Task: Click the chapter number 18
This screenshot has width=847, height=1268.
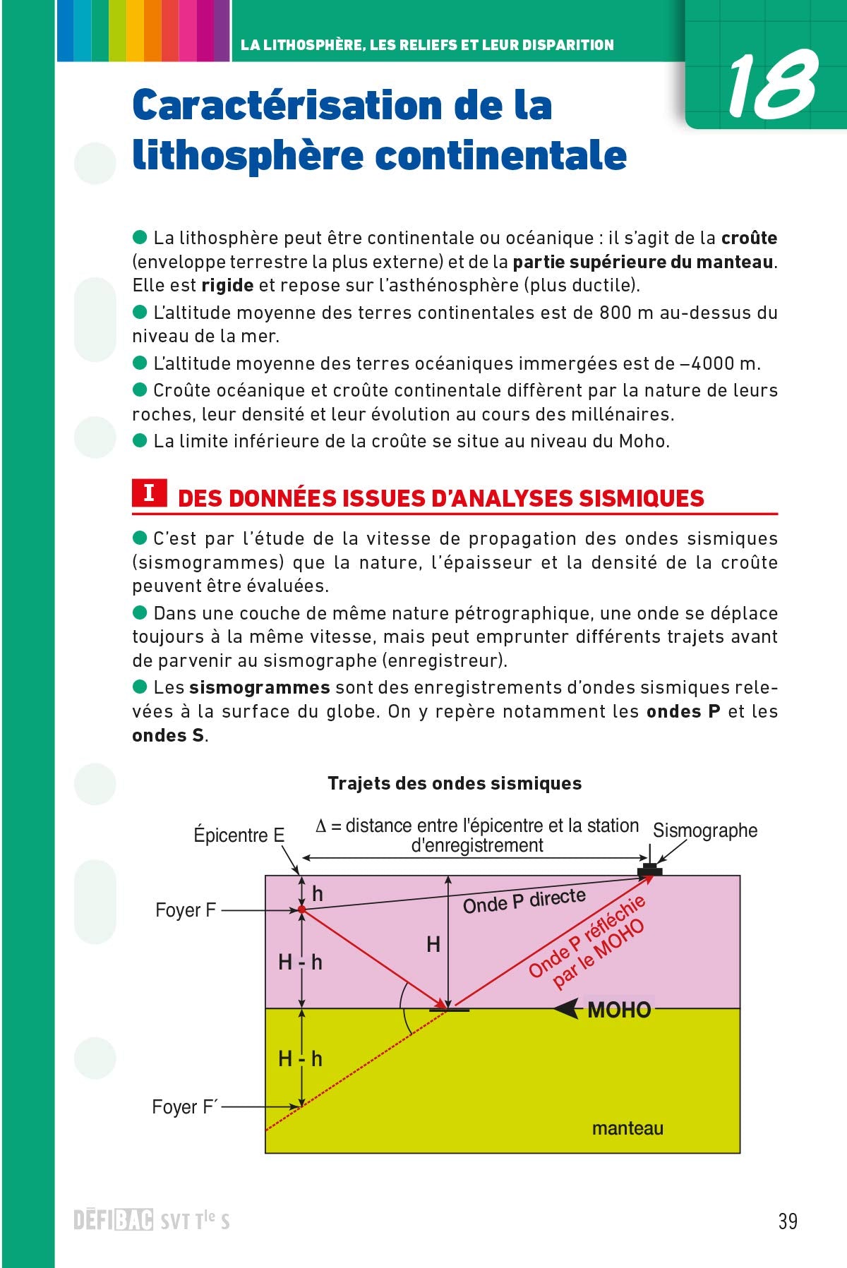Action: point(771,86)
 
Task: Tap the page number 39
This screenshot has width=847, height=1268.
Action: point(788,1221)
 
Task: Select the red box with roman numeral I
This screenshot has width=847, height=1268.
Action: point(149,493)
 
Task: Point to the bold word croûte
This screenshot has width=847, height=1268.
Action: point(749,238)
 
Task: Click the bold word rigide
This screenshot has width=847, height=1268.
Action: point(227,285)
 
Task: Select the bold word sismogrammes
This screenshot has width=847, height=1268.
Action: point(259,687)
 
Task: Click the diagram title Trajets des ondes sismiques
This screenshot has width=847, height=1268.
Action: point(455,783)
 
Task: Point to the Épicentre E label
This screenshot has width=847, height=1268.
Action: point(239,835)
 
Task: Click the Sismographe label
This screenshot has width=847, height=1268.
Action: point(704,831)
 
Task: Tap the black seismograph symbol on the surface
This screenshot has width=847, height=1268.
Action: point(649,871)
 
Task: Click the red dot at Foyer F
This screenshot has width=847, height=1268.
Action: point(301,910)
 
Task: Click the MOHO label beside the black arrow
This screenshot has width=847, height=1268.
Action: point(618,1010)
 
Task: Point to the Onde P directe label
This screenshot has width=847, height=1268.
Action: point(524,901)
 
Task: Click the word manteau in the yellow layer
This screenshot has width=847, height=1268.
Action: point(627,1128)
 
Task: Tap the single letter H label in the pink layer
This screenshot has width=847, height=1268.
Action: point(433,944)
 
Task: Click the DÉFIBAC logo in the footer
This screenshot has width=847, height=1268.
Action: point(113,1221)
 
